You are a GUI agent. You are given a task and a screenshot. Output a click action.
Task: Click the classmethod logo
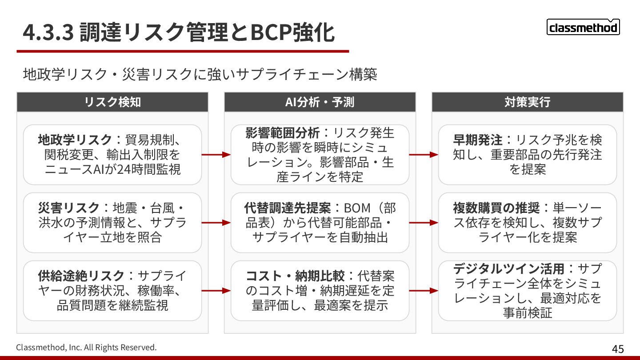click(x=583, y=28)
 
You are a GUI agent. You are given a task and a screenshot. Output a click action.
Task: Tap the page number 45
click(x=618, y=349)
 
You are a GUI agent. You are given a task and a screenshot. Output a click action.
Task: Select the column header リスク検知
click(x=112, y=102)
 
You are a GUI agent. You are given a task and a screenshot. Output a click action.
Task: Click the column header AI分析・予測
click(x=320, y=102)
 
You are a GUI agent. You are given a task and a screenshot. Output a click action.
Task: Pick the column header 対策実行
click(x=527, y=102)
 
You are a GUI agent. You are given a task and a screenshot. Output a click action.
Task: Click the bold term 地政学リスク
click(x=75, y=140)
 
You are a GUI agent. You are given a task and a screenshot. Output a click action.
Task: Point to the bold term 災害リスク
click(x=69, y=208)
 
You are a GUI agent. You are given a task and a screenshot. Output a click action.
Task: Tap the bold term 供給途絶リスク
click(x=81, y=276)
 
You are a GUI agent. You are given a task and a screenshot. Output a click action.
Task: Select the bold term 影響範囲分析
click(x=282, y=132)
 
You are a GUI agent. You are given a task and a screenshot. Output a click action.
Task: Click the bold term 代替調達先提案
click(x=287, y=208)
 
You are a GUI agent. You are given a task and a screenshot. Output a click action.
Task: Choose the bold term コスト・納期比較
click(x=295, y=276)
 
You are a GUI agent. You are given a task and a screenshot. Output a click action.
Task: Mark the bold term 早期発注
click(x=477, y=140)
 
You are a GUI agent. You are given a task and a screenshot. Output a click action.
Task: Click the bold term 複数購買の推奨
click(x=496, y=208)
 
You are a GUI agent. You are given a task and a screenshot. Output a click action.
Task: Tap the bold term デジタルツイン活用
click(x=508, y=268)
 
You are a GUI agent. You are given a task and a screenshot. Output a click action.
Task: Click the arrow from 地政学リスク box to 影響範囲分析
click(x=216, y=155)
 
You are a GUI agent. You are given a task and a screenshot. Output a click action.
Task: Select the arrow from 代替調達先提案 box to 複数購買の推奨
click(x=424, y=223)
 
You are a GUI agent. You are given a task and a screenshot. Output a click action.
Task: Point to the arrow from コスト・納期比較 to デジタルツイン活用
click(x=424, y=291)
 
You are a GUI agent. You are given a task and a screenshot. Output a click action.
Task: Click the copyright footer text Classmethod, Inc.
click(x=86, y=347)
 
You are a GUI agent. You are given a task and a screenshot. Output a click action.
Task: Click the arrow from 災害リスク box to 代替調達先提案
click(x=216, y=223)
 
